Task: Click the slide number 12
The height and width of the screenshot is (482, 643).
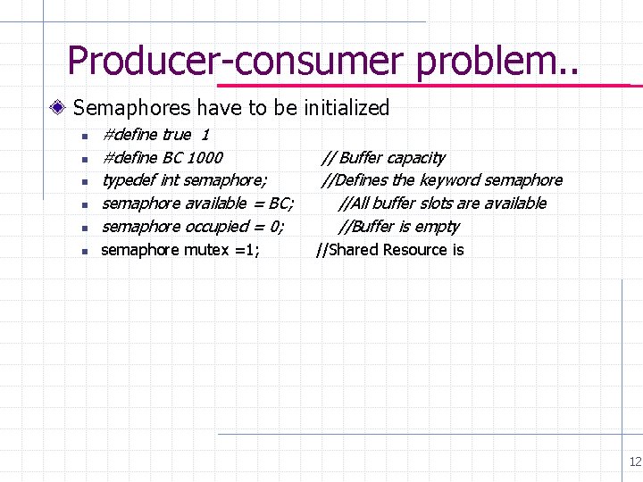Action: [635, 461]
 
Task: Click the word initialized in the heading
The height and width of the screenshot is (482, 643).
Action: [347, 108]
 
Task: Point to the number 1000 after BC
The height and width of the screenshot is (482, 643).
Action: [205, 158]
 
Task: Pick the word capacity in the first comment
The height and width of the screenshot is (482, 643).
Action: [415, 158]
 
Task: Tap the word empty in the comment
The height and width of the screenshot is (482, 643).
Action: [438, 227]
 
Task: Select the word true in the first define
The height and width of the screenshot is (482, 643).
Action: [176, 135]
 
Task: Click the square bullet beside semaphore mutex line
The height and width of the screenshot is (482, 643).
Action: [82, 251]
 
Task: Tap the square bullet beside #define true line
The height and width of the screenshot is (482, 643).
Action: [82, 136]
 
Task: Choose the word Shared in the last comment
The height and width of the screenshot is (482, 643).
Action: [354, 250]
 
